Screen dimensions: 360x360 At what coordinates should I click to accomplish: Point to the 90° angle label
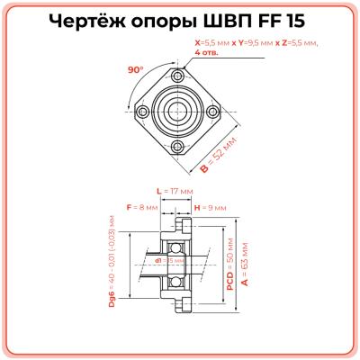point(136,68)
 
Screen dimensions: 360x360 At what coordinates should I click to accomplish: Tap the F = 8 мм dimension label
point(141,207)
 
